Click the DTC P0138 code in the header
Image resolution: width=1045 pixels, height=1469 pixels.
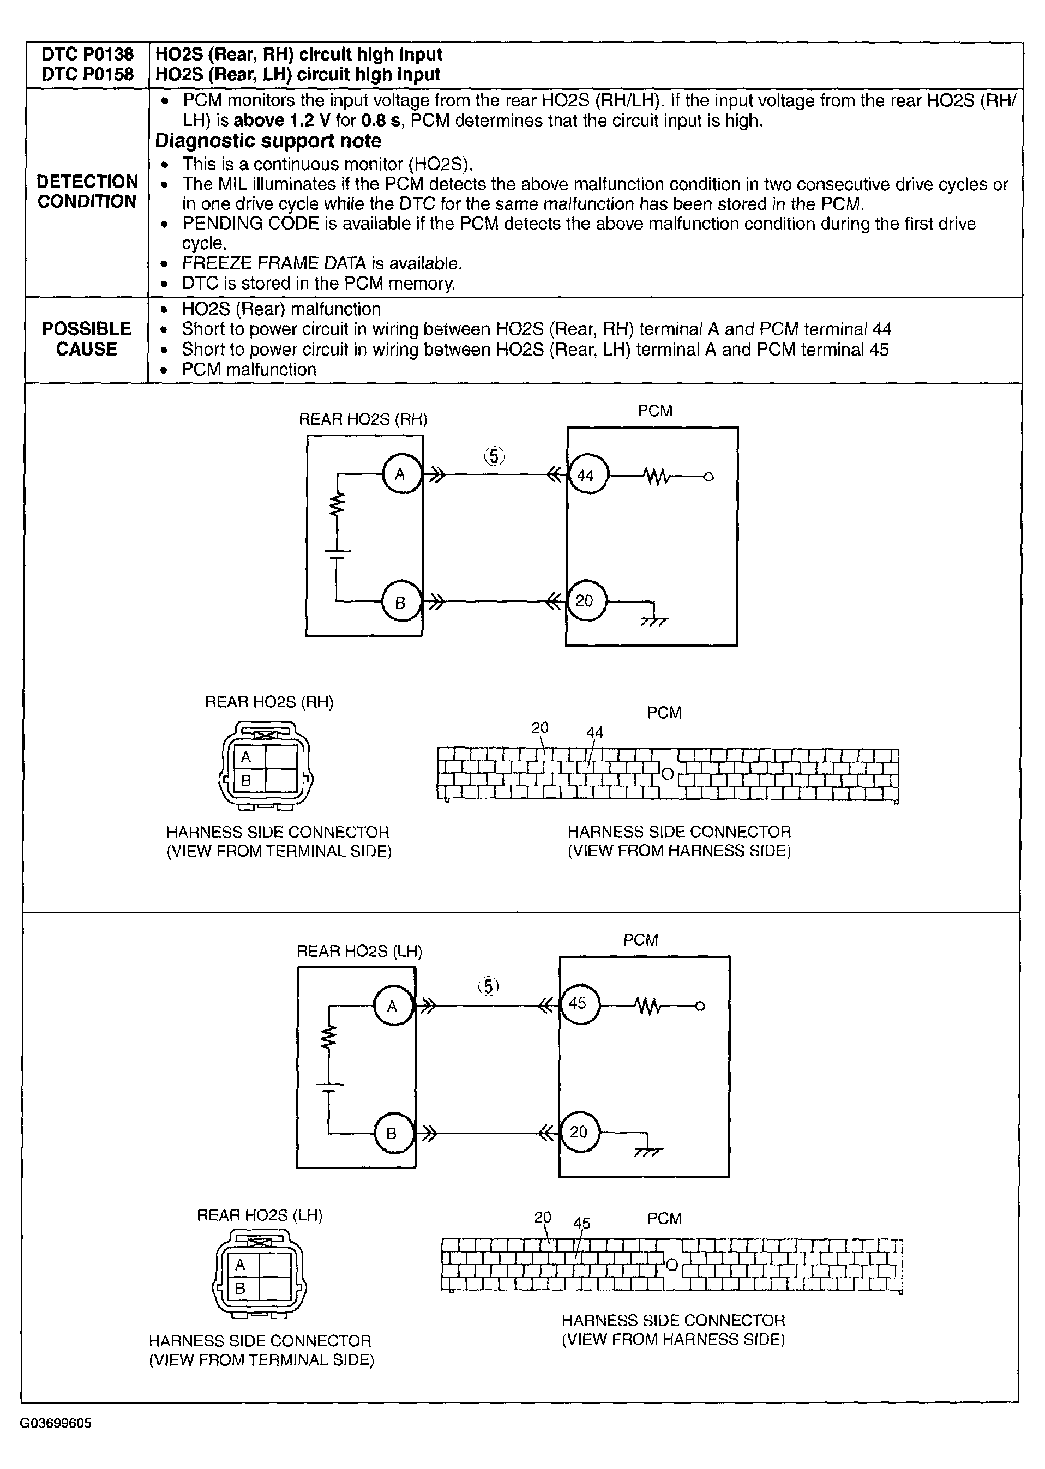click(x=87, y=55)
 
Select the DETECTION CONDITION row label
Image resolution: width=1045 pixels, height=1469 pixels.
click(x=87, y=191)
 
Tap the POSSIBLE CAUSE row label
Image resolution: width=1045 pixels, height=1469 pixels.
click(x=86, y=339)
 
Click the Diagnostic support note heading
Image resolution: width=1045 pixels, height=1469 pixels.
click(x=268, y=141)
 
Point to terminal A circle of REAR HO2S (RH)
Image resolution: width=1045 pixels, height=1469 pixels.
click(x=401, y=474)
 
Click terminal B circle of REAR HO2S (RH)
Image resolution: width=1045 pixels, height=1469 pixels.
click(x=400, y=603)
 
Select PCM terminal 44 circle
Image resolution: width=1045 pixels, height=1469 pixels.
click(x=586, y=476)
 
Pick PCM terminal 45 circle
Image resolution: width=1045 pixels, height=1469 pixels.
click(x=579, y=1003)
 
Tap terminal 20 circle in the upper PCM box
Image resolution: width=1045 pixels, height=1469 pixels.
click(x=585, y=601)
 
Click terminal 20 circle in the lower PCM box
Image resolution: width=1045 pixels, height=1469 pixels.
click(x=579, y=1132)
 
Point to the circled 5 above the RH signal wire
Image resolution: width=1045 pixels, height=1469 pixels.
click(x=494, y=456)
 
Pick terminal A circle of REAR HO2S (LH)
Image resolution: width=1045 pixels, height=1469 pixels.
click(x=393, y=1006)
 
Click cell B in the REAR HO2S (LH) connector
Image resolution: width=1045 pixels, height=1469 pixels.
click(x=240, y=1289)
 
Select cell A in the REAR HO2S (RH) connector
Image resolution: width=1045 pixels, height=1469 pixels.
click(x=246, y=757)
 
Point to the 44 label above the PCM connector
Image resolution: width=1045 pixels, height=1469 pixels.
click(x=594, y=732)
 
